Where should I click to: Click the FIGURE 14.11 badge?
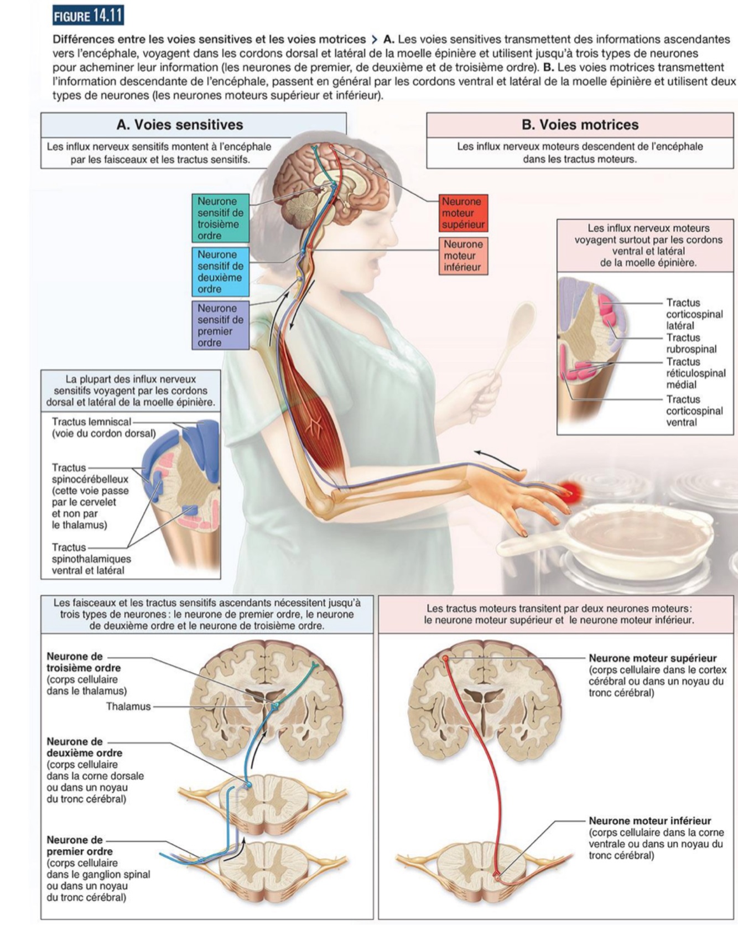pos(87,16)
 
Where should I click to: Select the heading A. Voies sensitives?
pos(180,125)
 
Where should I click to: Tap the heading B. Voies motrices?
pos(580,125)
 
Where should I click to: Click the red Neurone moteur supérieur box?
pos(462,213)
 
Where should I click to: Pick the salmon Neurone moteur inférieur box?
pos(463,256)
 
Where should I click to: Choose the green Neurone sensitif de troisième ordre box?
pos(220,219)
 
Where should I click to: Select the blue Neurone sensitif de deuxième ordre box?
pos(220,272)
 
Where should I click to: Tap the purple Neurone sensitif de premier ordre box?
pos(220,325)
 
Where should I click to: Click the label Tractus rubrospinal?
pos(691,344)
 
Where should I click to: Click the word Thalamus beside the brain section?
pos(128,706)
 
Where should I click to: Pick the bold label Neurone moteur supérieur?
pos(652,658)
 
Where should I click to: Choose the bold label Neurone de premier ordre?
pos(79,846)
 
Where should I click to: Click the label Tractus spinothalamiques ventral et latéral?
pos(91,559)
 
